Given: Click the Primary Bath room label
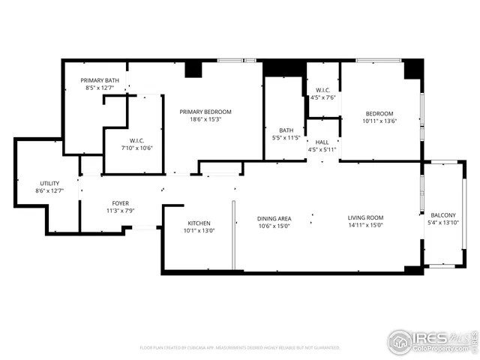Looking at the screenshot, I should [x=100, y=80].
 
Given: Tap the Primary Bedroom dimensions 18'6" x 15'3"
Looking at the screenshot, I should [x=205, y=120].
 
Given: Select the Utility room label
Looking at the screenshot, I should [x=50, y=183].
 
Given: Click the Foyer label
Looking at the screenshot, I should [x=120, y=203].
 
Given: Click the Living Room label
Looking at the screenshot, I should [x=365, y=218].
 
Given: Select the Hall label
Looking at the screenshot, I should [x=322, y=142].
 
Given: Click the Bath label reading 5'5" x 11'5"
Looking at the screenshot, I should [x=286, y=129].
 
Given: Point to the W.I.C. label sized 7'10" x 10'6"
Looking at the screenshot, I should [x=136, y=139].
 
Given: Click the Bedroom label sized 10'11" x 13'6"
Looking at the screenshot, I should [x=379, y=113].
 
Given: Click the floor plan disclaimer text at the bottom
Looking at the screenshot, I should [x=239, y=347].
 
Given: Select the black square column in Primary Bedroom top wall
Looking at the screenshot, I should [x=193, y=69].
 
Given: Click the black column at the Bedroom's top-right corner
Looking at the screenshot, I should [x=413, y=69].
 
